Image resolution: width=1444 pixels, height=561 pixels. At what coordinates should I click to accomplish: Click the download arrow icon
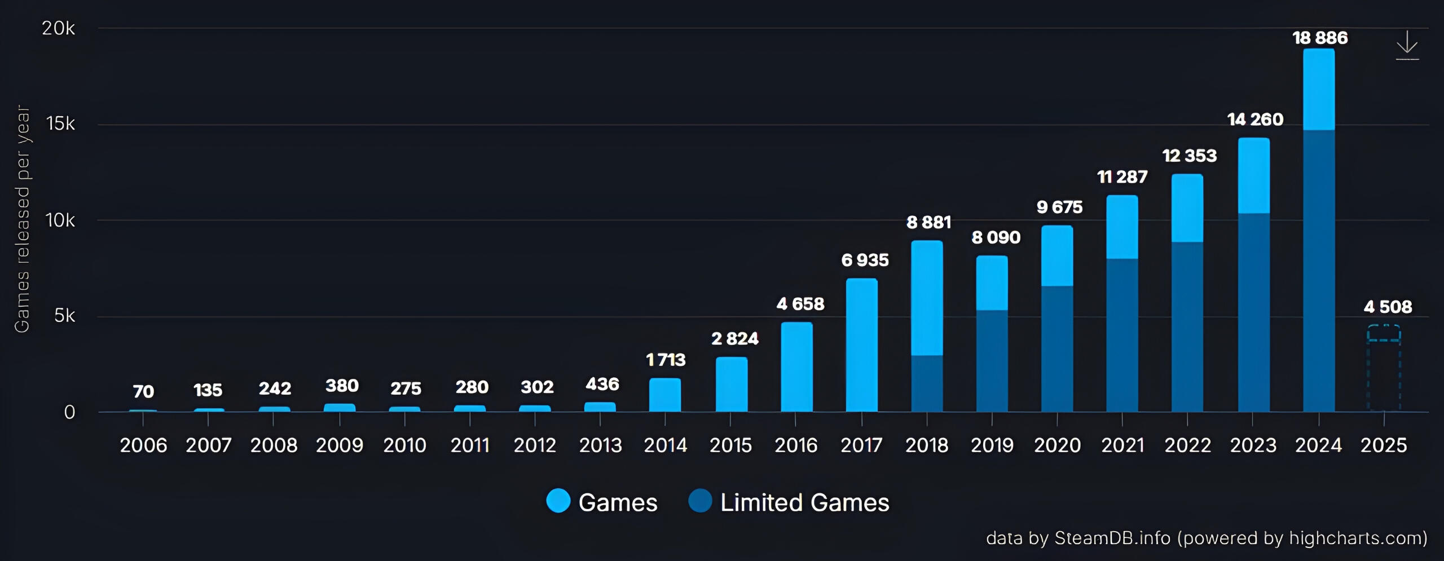pyautogui.click(x=1407, y=45)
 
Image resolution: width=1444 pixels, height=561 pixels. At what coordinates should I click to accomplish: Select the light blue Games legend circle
pyautogui.click(x=558, y=501)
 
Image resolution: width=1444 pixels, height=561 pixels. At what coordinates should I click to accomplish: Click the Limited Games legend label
pyautogui.click(x=804, y=502)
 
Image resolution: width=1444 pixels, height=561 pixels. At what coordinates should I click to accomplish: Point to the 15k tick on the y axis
pyautogui.click(x=60, y=123)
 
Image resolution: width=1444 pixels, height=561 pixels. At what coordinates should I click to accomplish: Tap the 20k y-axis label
pyautogui.click(x=58, y=28)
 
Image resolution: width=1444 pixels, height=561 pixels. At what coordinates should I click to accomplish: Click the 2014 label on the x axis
pyautogui.click(x=666, y=445)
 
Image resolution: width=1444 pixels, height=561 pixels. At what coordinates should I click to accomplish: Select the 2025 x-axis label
pyautogui.click(x=1384, y=445)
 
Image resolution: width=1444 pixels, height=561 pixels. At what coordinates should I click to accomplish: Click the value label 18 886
pyautogui.click(x=1320, y=38)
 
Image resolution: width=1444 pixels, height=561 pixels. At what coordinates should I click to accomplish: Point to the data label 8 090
pyautogui.click(x=996, y=237)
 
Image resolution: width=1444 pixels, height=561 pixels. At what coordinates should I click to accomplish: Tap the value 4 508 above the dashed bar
pyautogui.click(x=1388, y=307)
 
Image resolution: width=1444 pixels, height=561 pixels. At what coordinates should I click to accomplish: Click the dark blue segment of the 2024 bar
pyautogui.click(x=1319, y=271)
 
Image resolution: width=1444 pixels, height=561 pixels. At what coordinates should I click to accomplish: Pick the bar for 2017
pyautogui.click(x=861, y=345)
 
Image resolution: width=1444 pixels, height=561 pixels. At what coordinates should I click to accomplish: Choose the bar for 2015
pyautogui.click(x=732, y=384)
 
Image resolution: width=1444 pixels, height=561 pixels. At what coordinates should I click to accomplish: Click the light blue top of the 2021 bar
pyautogui.click(x=1122, y=227)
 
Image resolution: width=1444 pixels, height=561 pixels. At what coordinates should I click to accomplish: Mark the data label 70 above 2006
pyautogui.click(x=143, y=391)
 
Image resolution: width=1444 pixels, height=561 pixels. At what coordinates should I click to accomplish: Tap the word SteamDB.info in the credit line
pyautogui.click(x=1112, y=538)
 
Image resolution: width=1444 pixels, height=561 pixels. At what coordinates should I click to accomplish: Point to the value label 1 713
pyautogui.click(x=666, y=360)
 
